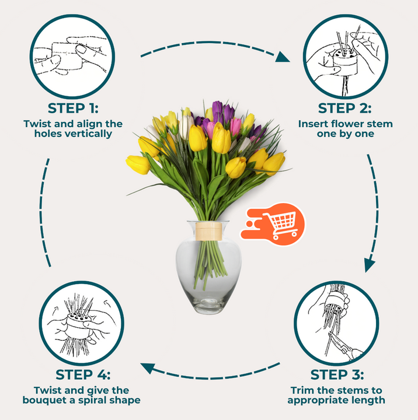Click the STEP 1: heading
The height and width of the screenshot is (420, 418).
coord(73,108)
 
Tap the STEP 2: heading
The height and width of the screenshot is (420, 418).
coord(345,108)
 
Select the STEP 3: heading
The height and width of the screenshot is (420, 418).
coord(337,374)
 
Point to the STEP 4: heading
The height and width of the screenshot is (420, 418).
coord(83,374)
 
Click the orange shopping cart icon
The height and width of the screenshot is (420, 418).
coord(273,224)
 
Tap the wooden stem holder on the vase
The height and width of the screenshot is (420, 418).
coord(208,231)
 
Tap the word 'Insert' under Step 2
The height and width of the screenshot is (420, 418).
coord(313,124)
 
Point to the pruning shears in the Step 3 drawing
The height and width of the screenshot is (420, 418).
coord(346,346)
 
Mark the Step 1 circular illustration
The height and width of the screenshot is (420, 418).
coord(72,57)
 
